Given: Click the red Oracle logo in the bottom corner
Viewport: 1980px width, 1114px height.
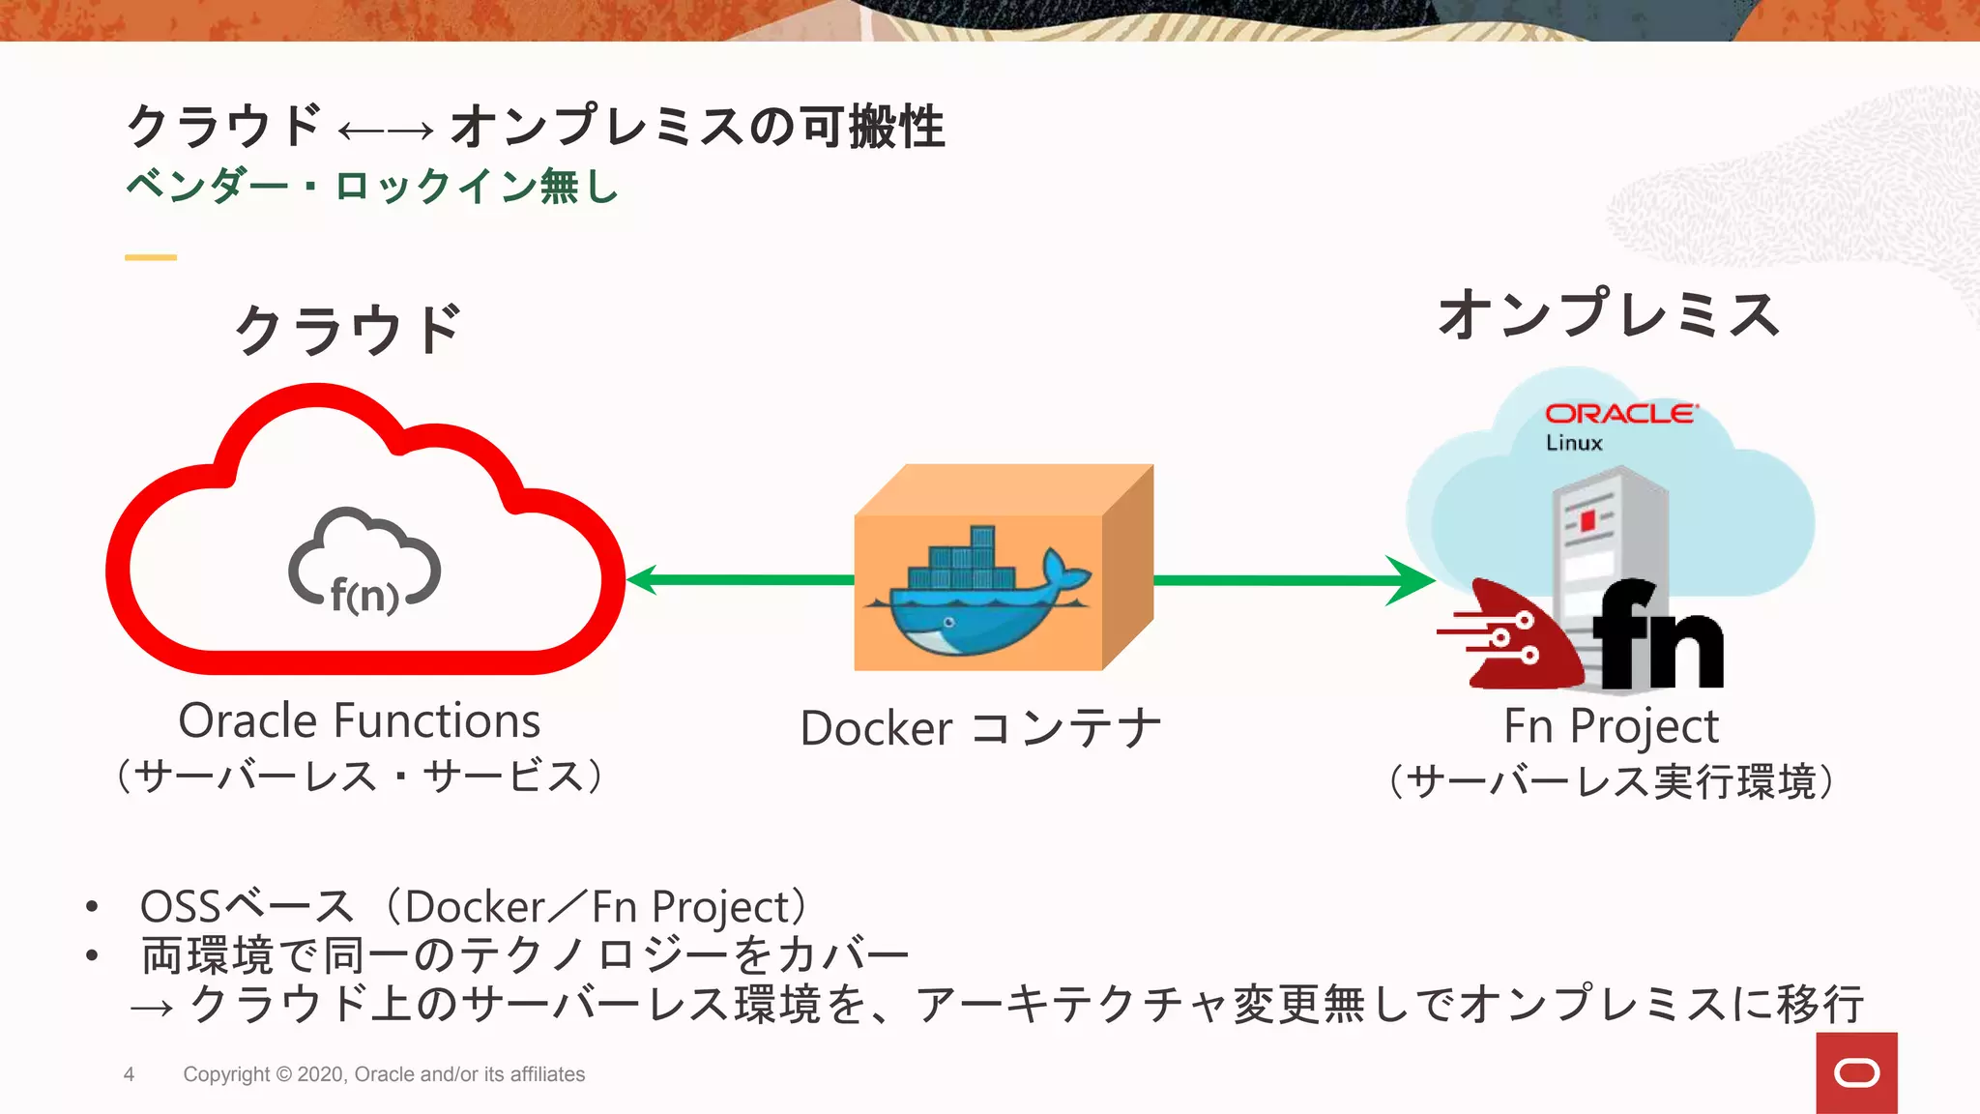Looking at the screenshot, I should [1856, 1072].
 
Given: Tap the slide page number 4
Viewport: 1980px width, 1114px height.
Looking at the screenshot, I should [129, 1074].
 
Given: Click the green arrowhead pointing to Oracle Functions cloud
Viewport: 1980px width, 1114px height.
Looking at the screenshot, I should [643, 580].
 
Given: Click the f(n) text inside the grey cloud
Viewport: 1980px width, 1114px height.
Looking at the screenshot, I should [364, 595].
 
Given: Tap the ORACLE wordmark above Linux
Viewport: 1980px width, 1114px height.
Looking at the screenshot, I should [1619, 414].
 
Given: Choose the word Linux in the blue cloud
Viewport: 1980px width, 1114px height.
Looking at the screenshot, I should [1574, 443].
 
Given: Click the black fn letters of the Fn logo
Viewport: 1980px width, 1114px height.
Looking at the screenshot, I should [1657, 638].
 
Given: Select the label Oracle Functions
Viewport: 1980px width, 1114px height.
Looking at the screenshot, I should [360, 721].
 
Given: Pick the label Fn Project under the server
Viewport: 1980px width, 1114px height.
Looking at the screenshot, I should [1611, 727].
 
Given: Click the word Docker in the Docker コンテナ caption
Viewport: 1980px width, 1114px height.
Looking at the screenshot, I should [876, 729].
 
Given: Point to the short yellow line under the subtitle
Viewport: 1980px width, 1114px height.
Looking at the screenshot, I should [151, 257].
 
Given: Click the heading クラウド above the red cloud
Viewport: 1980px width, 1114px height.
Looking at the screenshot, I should [348, 330].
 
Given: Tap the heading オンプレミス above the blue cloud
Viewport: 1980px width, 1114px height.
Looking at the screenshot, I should [1608, 315].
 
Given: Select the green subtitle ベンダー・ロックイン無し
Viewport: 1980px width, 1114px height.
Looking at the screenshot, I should [372, 186].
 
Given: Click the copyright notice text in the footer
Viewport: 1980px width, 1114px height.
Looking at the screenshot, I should [384, 1074].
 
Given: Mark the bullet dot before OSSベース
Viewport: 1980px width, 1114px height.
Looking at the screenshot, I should [92, 907].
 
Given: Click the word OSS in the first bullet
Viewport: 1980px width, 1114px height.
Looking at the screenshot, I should [181, 907].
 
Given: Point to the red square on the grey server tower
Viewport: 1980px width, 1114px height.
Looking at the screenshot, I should [1587, 522].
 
